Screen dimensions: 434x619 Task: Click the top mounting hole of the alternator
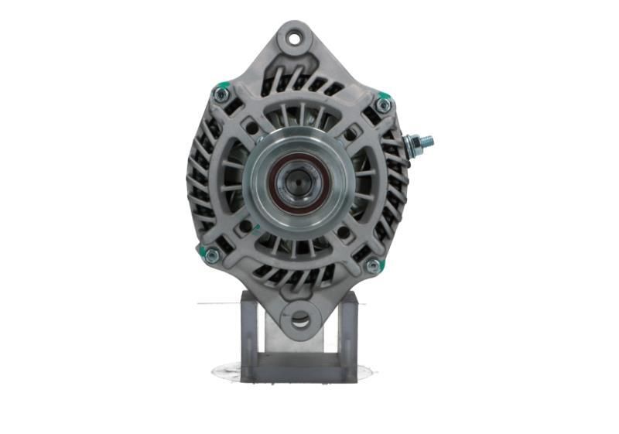[295, 36]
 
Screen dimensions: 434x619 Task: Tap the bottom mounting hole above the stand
[299, 318]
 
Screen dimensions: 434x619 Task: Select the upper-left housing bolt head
[221, 94]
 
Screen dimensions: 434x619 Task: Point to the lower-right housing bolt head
[373, 266]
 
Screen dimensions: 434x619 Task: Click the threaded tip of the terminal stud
[428, 141]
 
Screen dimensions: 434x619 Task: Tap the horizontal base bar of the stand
[299, 369]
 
